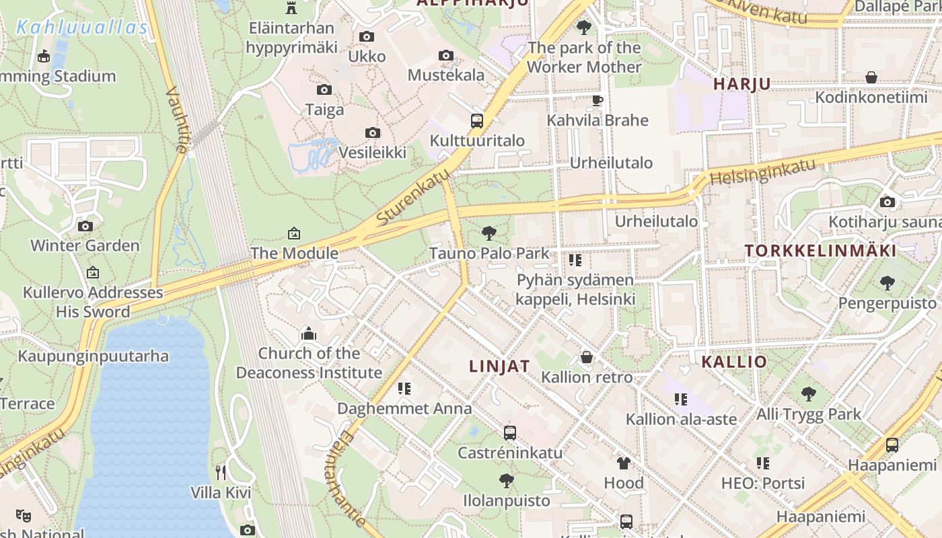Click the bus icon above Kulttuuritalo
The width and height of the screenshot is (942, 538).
[476, 121]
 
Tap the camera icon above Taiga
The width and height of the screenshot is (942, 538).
[324, 89]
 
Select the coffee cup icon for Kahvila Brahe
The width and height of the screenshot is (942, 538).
[597, 101]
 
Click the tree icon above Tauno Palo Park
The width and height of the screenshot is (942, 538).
[489, 233]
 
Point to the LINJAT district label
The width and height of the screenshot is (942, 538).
[499, 367]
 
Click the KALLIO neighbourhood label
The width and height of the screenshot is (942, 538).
[734, 362]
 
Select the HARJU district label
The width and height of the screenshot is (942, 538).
[741, 84]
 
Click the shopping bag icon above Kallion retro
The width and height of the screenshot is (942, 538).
[587, 357]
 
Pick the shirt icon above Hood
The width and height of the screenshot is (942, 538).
[624, 463]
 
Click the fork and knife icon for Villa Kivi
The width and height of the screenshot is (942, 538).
[220, 472]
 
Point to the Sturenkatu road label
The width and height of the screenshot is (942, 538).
[413, 197]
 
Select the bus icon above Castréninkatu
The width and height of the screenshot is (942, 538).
[510, 432]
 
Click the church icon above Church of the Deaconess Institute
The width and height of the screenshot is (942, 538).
[309, 334]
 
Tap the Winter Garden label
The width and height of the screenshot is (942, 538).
[85, 245]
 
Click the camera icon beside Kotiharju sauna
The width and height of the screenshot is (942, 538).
[887, 202]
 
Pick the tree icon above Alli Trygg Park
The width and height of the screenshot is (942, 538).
[808, 394]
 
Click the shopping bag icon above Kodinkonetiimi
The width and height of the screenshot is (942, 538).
[871, 77]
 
